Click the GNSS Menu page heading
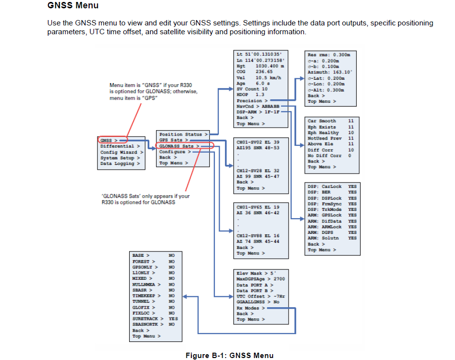point(73,6)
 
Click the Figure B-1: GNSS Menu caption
point(229,356)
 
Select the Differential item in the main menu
point(120,146)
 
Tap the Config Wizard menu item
point(120,152)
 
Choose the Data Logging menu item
point(119,163)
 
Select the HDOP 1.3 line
point(250,95)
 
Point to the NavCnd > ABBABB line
point(258,106)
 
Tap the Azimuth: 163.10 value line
point(330,72)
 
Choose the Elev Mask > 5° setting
point(256,273)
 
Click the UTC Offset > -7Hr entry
point(260,296)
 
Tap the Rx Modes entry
point(251,308)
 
